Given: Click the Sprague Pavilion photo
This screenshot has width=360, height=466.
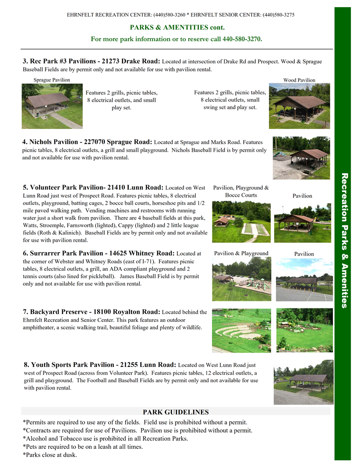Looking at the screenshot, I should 52,106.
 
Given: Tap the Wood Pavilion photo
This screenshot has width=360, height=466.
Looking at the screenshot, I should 299,106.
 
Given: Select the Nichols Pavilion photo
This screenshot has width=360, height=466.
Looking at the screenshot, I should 301,158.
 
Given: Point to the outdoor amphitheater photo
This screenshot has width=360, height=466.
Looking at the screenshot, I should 241,330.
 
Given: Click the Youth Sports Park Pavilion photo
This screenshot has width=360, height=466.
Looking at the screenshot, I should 303,382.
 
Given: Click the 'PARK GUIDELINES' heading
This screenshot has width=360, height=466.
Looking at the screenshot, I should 175,412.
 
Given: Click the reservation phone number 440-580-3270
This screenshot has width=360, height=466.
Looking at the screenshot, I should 242,39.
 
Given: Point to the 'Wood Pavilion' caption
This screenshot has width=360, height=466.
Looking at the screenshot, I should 299,80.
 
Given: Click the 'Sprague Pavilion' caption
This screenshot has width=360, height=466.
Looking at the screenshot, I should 52,80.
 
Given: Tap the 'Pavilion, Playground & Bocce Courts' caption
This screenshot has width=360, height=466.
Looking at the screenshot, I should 241,191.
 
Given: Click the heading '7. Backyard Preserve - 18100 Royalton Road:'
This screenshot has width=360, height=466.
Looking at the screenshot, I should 91,312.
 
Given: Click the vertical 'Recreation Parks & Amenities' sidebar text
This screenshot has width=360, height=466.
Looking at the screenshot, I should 344,240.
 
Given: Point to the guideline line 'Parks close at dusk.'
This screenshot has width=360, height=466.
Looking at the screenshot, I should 53,455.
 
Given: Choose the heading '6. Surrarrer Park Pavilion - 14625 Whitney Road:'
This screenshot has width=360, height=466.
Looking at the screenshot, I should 99,253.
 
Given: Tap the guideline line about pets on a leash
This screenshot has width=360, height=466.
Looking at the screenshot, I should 83,447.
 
